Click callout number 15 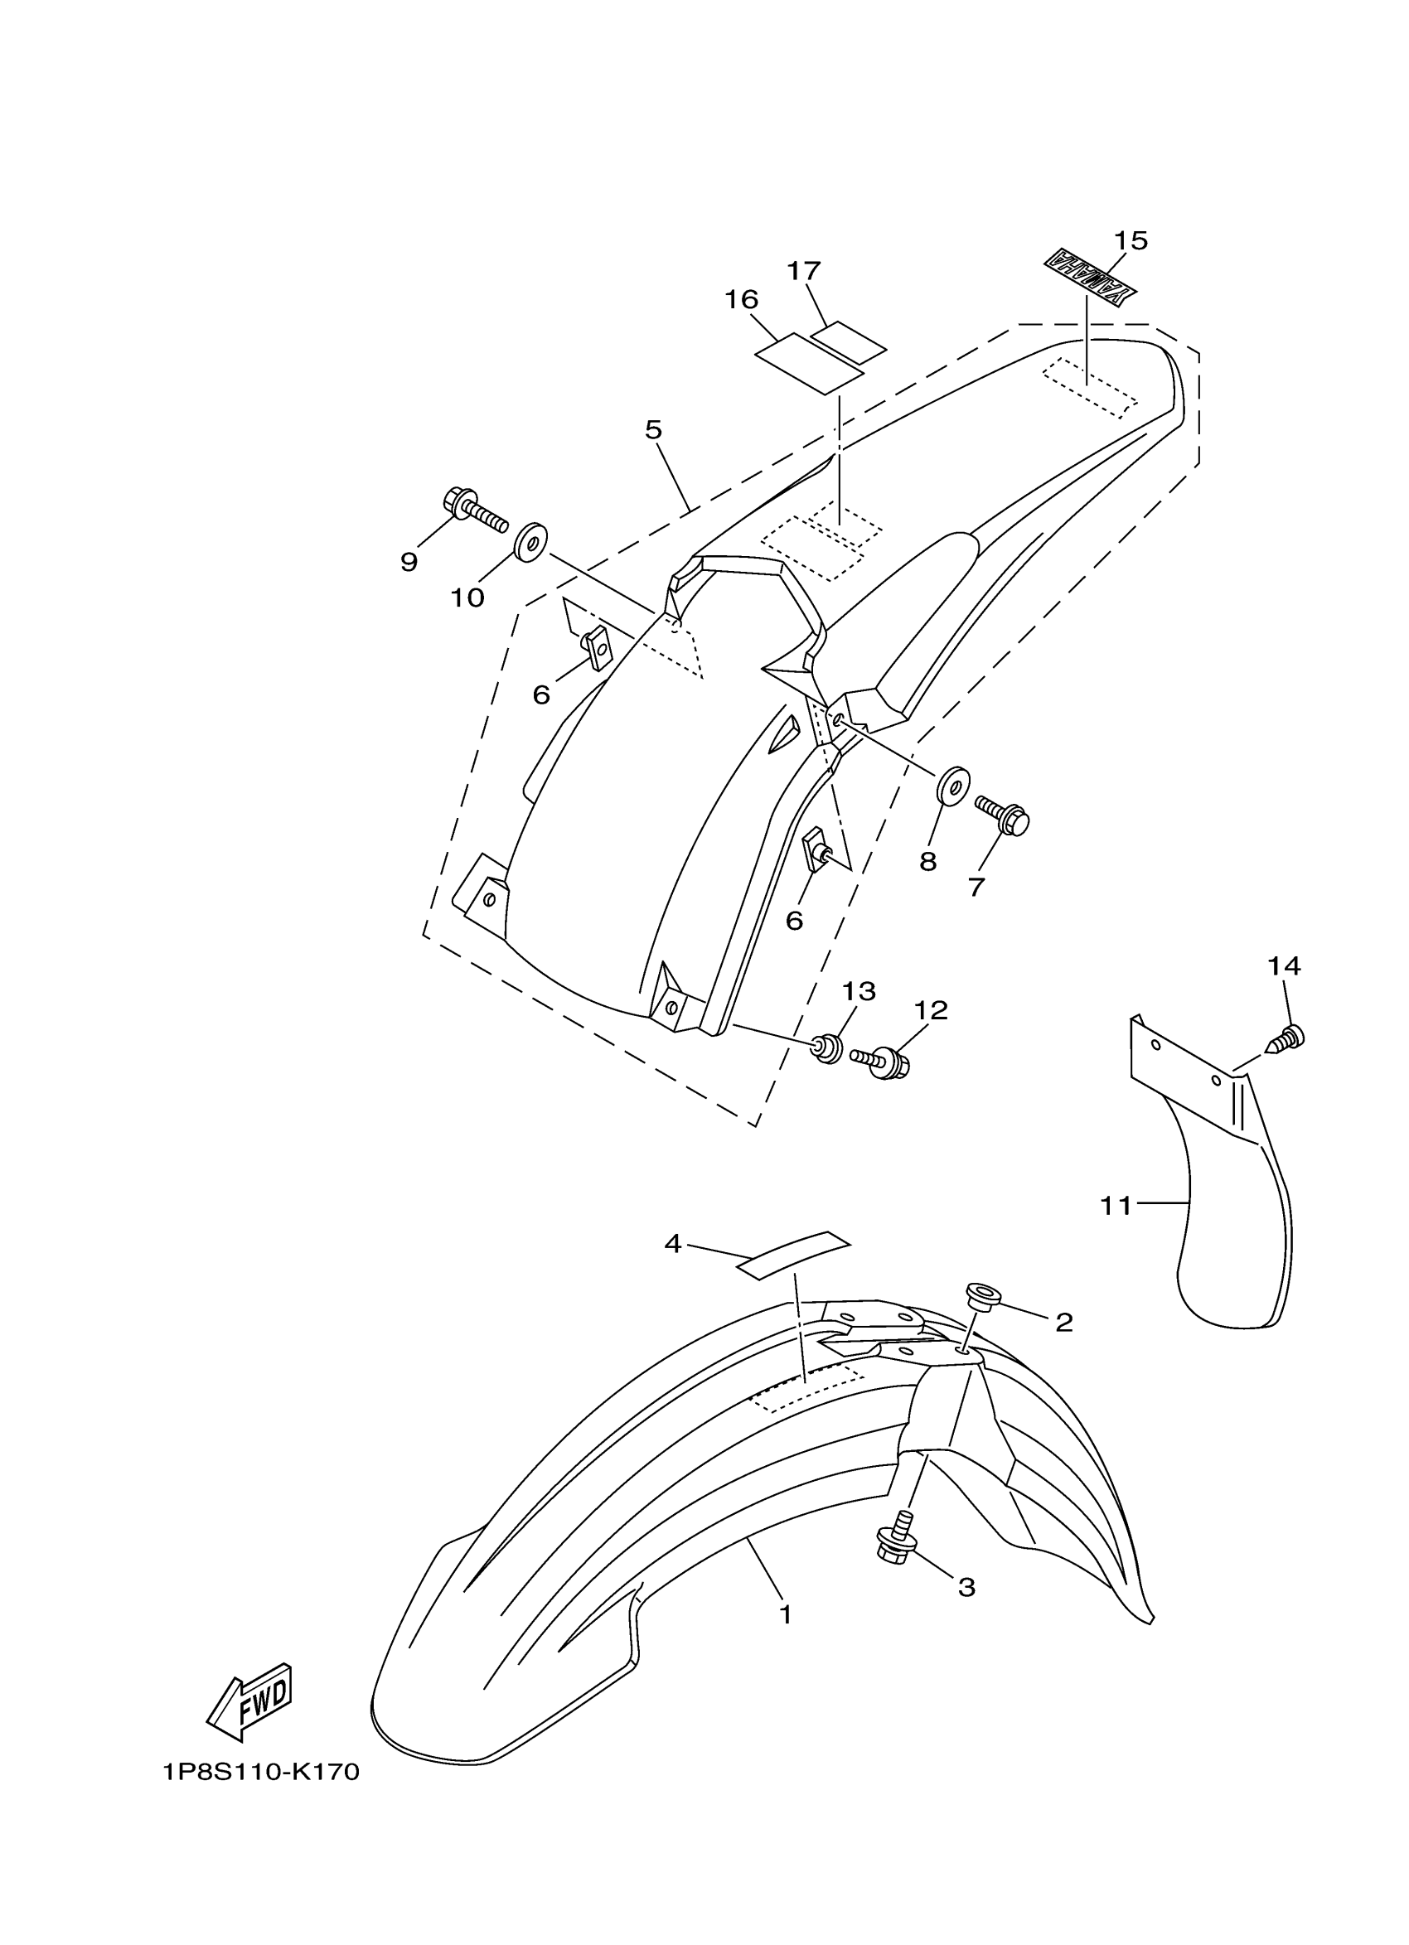point(1131,242)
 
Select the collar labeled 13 point(827,1048)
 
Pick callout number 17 point(804,271)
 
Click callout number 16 point(741,300)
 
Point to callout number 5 point(653,429)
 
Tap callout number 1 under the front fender point(785,1615)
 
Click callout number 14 point(1284,966)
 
